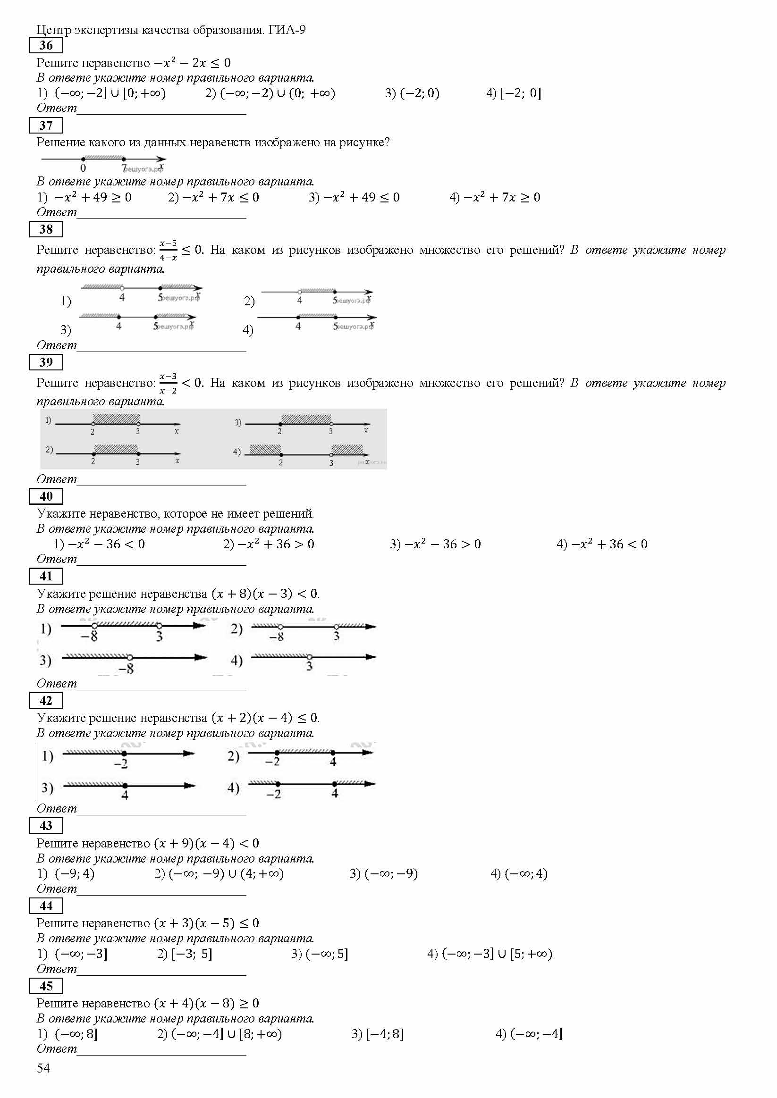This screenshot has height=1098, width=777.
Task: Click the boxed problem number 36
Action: click(46, 45)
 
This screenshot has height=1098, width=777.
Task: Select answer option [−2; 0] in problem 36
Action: click(514, 93)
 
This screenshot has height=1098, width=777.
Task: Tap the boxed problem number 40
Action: click(46, 496)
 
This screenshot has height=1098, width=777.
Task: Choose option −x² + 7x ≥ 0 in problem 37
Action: click(495, 197)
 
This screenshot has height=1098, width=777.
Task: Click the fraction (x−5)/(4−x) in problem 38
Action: click(168, 250)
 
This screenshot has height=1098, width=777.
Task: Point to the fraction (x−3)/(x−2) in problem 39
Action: click(168, 383)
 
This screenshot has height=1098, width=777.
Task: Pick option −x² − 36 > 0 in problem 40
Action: click(435, 544)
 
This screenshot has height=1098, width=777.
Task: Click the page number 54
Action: click(43, 1068)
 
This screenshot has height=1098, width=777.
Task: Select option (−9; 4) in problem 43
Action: click(67, 874)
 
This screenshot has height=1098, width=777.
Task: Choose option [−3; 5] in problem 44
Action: click(185, 954)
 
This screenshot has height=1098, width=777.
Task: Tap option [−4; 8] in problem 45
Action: click(378, 1034)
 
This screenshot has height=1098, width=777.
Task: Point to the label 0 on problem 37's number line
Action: click(83, 168)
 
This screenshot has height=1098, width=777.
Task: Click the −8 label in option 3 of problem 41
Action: click(127, 669)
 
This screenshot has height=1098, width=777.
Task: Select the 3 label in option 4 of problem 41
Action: click(310, 666)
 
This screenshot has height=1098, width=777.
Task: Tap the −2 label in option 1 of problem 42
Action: click(121, 764)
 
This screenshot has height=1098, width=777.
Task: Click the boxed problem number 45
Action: click(46, 986)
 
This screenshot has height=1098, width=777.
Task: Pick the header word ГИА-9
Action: click(287, 30)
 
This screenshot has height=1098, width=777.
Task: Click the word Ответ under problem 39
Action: click(57, 479)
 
